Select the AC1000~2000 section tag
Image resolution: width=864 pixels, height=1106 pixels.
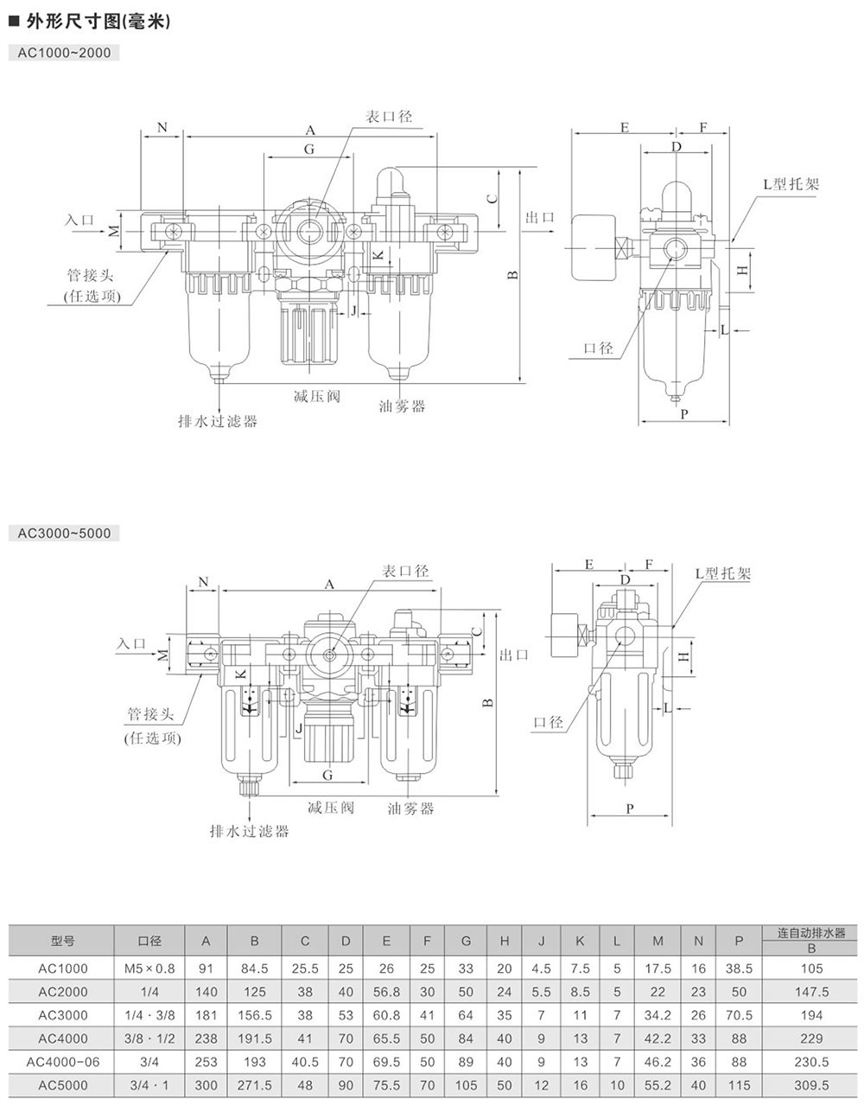click(x=64, y=52)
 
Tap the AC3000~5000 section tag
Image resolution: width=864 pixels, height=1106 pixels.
click(x=64, y=533)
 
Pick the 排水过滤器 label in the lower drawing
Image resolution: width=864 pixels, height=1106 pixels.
click(x=250, y=831)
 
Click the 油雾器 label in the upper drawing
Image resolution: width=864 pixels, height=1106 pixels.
click(x=403, y=405)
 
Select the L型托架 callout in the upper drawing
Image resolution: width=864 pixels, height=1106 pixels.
click(x=791, y=184)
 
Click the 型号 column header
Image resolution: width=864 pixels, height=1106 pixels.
click(x=62, y=940)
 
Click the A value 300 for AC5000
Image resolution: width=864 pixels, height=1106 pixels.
click(x=206, y=1084)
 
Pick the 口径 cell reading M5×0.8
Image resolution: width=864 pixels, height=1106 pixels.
click(x=149, y=968)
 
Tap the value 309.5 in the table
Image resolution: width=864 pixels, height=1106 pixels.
click(x=810, y=1084)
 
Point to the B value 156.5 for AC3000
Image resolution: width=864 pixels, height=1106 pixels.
click(x=254, y=1014)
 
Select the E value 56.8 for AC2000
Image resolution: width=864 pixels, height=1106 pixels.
click(x=386, y=991)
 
